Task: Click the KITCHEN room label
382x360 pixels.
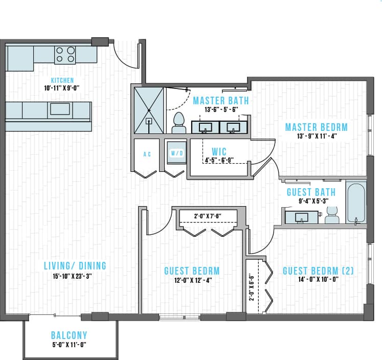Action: (x=62, y=80)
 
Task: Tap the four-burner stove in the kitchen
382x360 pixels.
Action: (x=65, y=54)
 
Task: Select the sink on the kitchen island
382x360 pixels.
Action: (x=60, y=109)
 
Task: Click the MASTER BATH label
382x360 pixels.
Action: (x=220, y=100)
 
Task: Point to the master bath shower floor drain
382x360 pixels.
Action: (x=149, y=121)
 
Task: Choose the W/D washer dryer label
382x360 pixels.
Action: (x=177, y=153)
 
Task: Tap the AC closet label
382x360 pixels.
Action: (x=147, y=154)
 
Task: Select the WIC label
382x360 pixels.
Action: (x=219, y=152)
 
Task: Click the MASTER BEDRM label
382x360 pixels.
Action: (x=316, y=127)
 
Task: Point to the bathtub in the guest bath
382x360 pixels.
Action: (x=355, y=203)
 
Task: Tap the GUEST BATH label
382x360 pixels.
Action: (x=311, y=192)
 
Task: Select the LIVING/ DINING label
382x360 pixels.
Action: (x=75, y=265)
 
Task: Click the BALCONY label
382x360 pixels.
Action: (x=69, y=335)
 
